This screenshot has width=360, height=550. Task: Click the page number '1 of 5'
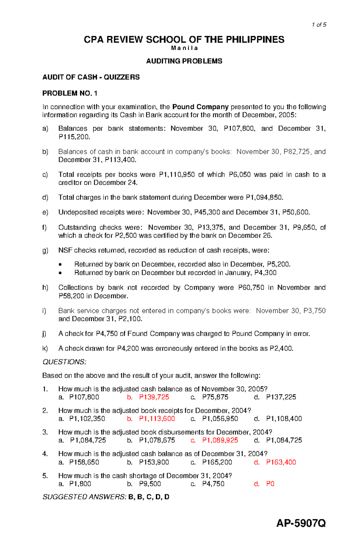coord(319,25)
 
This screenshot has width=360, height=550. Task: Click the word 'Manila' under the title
coord(184,48)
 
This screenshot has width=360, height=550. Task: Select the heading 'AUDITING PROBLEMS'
coord(184,61)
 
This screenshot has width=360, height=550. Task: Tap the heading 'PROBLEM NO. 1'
coord(70,94)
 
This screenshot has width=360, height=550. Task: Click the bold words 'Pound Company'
coord(200,107)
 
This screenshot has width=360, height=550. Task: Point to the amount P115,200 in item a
coord(74,137)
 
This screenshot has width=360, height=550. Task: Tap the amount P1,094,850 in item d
coord(264,198)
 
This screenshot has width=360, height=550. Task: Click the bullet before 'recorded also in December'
coord(61,265)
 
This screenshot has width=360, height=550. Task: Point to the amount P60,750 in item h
coord(251,288)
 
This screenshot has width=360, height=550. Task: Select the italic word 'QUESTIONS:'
coord(64,362)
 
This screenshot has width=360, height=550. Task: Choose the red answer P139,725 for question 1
coord(154,397)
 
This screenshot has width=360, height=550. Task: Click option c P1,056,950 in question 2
coord(220,419)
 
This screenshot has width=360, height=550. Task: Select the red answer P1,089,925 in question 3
coord(220,440)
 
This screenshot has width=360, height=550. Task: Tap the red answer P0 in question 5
coord(270,484)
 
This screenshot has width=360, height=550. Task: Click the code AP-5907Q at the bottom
coord(301,523)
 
